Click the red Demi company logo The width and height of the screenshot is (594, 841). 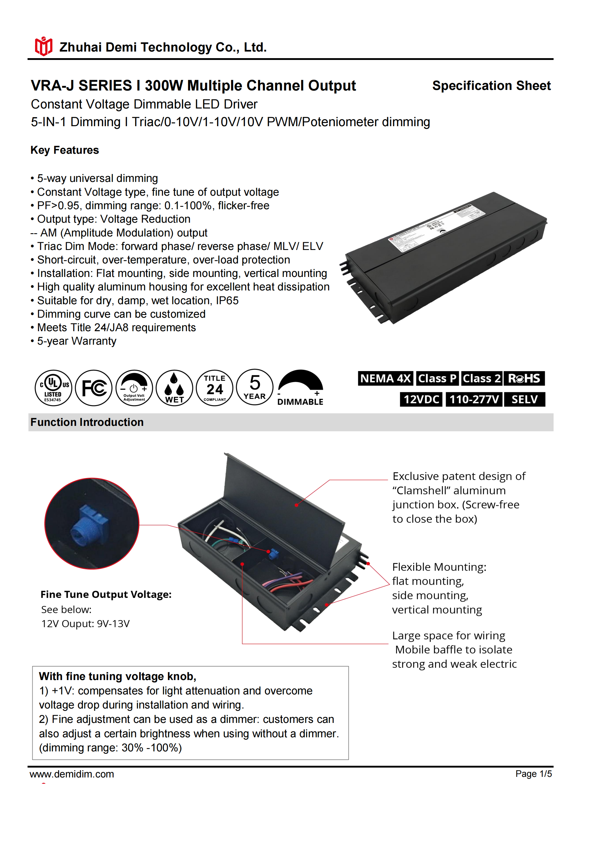tap(43, 46)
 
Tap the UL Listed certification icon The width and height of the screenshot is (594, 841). tap(53, 388)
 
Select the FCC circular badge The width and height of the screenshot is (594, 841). tap(94, 388)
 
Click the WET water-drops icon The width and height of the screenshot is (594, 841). tap(174, 388)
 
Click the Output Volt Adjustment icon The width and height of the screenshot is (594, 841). tap(134, 388)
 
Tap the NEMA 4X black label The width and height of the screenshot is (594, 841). tap(385, 378)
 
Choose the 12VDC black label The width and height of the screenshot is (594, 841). tap(421, 399)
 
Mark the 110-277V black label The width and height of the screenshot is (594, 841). tap(474, 399)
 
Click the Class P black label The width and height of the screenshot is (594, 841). tap(437, 378)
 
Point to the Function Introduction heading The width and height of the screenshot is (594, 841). tap(87, 422)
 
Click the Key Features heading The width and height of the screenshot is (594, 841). tap(65, 150)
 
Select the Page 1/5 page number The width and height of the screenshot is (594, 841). tap(533, 774)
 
